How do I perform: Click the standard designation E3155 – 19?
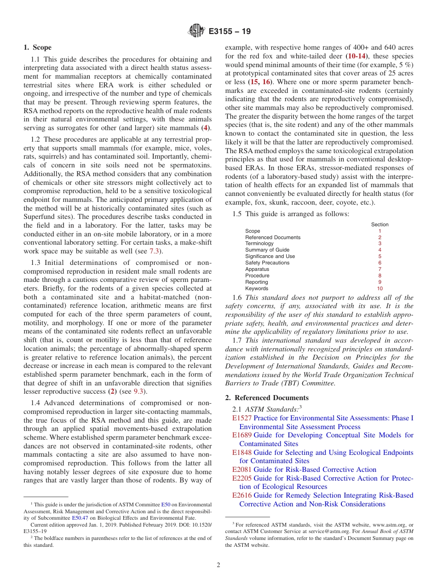tap(230, 32)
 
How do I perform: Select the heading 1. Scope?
tap(38, 47)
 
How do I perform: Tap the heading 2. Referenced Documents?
tap(267, 398)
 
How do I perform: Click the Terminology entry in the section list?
tap(259, 244)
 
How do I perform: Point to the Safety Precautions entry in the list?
tap(267, 263)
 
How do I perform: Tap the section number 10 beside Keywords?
tap(379, 289)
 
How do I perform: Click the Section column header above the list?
tap(379, 224)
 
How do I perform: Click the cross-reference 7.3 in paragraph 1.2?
tap(155, 252)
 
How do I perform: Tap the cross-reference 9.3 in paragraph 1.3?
tap(138, 391)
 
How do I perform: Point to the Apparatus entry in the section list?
tap(257, 270)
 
